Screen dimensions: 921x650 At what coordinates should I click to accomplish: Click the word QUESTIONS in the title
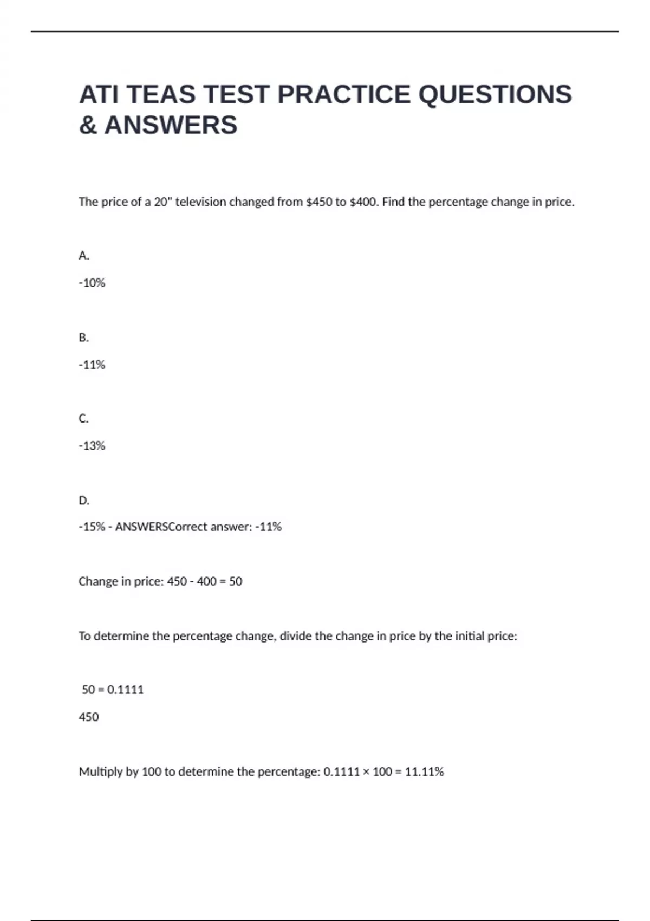pos(495,94)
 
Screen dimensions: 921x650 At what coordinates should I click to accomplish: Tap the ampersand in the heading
pos(88,125)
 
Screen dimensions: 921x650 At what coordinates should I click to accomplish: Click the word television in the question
pos(200,202)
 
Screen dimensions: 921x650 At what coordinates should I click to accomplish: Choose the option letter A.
pos(83,256)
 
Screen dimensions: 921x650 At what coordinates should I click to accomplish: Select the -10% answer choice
pos(92,283)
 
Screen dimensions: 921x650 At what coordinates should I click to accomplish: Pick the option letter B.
pos(83,338)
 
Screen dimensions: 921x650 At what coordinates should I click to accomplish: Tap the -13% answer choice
pos(92,446)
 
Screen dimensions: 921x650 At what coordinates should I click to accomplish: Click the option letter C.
pos(83,419)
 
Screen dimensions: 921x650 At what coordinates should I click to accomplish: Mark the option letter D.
pos(83,501)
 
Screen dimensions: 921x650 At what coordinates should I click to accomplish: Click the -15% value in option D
pos(92,527)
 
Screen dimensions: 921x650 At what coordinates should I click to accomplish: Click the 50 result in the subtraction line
pos(236,581)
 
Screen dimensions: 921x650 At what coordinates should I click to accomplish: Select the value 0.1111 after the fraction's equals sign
pos(126,690)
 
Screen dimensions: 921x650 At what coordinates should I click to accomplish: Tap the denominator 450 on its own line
pos(89,717)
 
